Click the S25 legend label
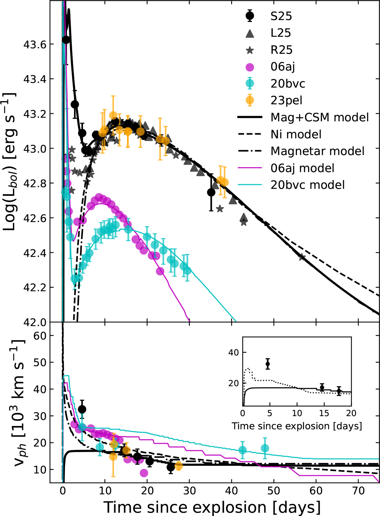point(281,16)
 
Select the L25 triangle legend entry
point(281,33)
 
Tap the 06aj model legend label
point(302,168)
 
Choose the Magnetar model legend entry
point(317,151)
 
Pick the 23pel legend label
point(286,101)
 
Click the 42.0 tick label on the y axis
point(34,322)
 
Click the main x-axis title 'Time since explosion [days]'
point(212,507)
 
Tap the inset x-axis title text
point(297,426)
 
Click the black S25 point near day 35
point(211,192)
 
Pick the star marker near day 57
point(302,257)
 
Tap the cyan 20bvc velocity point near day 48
point(265,448)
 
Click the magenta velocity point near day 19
point(144,473)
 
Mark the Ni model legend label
point(296,134)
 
